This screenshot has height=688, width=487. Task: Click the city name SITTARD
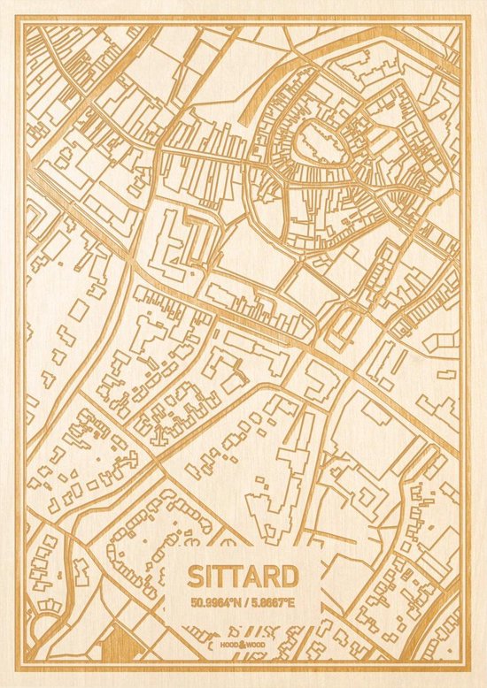(243, 576)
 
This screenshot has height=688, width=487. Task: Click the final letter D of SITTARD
(289, 576)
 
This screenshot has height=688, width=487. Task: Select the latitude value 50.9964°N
(213, 602)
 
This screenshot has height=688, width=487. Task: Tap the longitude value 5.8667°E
(274, 602)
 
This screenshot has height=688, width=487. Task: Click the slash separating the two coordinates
(243, 602)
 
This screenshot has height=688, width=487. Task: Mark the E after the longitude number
(295, 602)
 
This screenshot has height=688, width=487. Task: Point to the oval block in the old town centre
(315, 141)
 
